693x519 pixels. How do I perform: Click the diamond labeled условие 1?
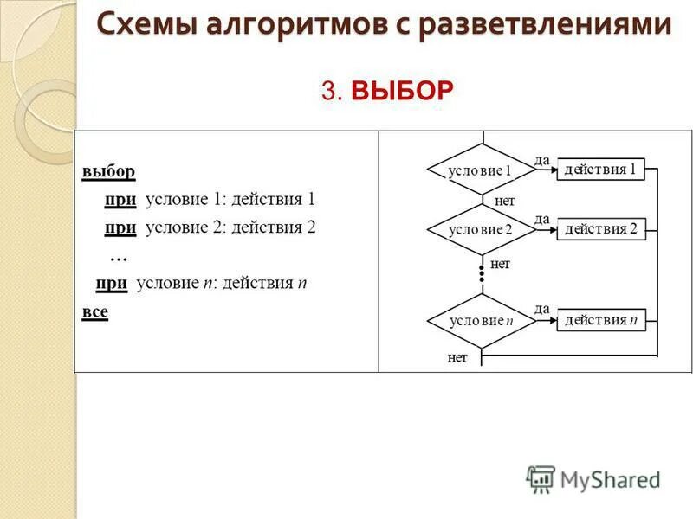[481, 170]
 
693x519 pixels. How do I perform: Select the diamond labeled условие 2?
[481, 229]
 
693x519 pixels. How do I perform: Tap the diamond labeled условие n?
[481, 320]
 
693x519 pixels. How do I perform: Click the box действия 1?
[600, 170]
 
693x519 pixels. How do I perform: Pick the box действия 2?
[600, 229]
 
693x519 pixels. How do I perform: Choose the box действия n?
[600, 320]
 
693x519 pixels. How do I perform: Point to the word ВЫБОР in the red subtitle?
[403, 91]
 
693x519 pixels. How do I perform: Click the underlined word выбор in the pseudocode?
[108, 171]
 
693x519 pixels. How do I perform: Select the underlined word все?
[95, 311]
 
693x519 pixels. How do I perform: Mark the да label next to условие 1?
[542, 159]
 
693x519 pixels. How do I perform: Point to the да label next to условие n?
[542, 309]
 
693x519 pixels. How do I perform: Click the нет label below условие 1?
[504, 201]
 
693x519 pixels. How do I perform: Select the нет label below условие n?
[457, 357]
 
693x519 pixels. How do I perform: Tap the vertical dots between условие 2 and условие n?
[482, 273]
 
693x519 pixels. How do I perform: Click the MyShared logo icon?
[541, 478]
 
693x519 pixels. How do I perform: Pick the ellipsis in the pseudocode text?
[119, 257]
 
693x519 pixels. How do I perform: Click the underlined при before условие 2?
[120, 227]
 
